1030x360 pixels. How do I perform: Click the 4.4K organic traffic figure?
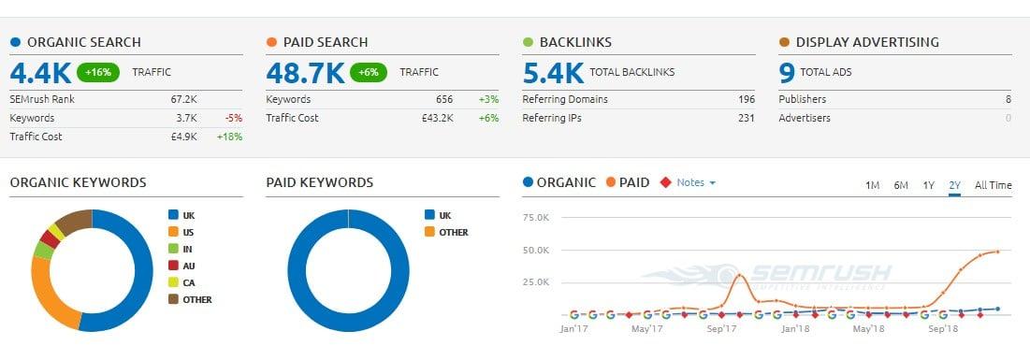(39, 72)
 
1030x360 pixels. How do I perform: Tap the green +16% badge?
(98, 72)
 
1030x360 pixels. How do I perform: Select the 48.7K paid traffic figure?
(305, 72)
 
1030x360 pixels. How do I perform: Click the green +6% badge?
(369, 72)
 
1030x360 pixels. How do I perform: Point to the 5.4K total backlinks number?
(553, 72)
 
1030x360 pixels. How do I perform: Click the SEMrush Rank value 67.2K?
(183, 99)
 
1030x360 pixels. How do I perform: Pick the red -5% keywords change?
(234, 118)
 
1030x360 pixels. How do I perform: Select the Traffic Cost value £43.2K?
(436, 118)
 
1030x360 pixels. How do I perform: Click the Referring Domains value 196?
(746, 99)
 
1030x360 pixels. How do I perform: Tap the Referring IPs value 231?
(746, 118)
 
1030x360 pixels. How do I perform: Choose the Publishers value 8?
(1008, 99)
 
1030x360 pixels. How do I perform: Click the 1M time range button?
(872, 185)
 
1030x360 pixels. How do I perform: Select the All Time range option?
(993, 185)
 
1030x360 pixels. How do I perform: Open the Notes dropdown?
(695, 182)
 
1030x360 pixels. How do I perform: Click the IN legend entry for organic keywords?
(187, 249)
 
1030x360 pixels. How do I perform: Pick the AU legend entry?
(188, 266)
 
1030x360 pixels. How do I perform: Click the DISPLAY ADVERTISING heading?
(866, 42)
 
